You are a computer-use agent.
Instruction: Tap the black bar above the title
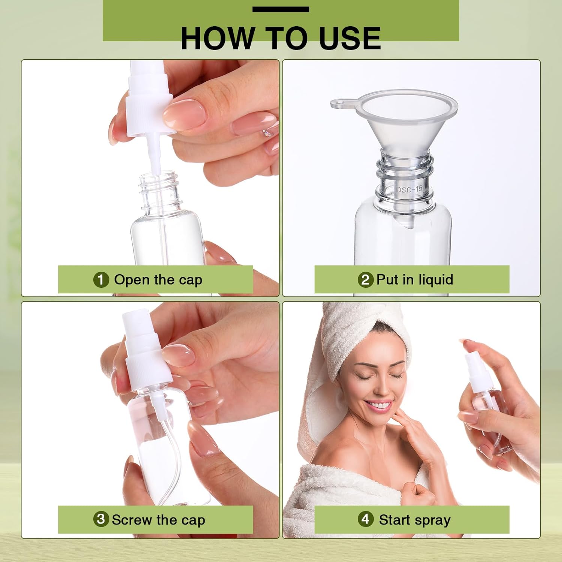coord(281,9)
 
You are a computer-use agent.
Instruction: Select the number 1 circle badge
coord(101,280)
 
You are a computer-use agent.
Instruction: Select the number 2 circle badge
coord(365,280)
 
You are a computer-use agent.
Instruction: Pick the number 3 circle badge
coord(101,519)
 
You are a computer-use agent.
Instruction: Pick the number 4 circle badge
coord(365,519)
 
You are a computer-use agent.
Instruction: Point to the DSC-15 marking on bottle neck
coord(409,189)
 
